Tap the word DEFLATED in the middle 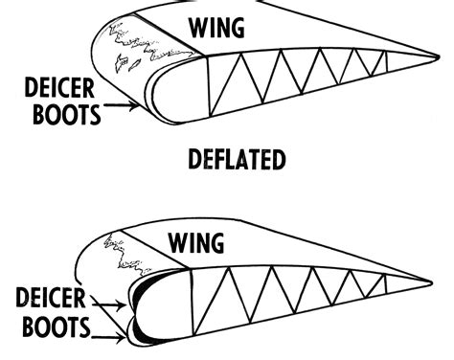pos(238,160)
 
